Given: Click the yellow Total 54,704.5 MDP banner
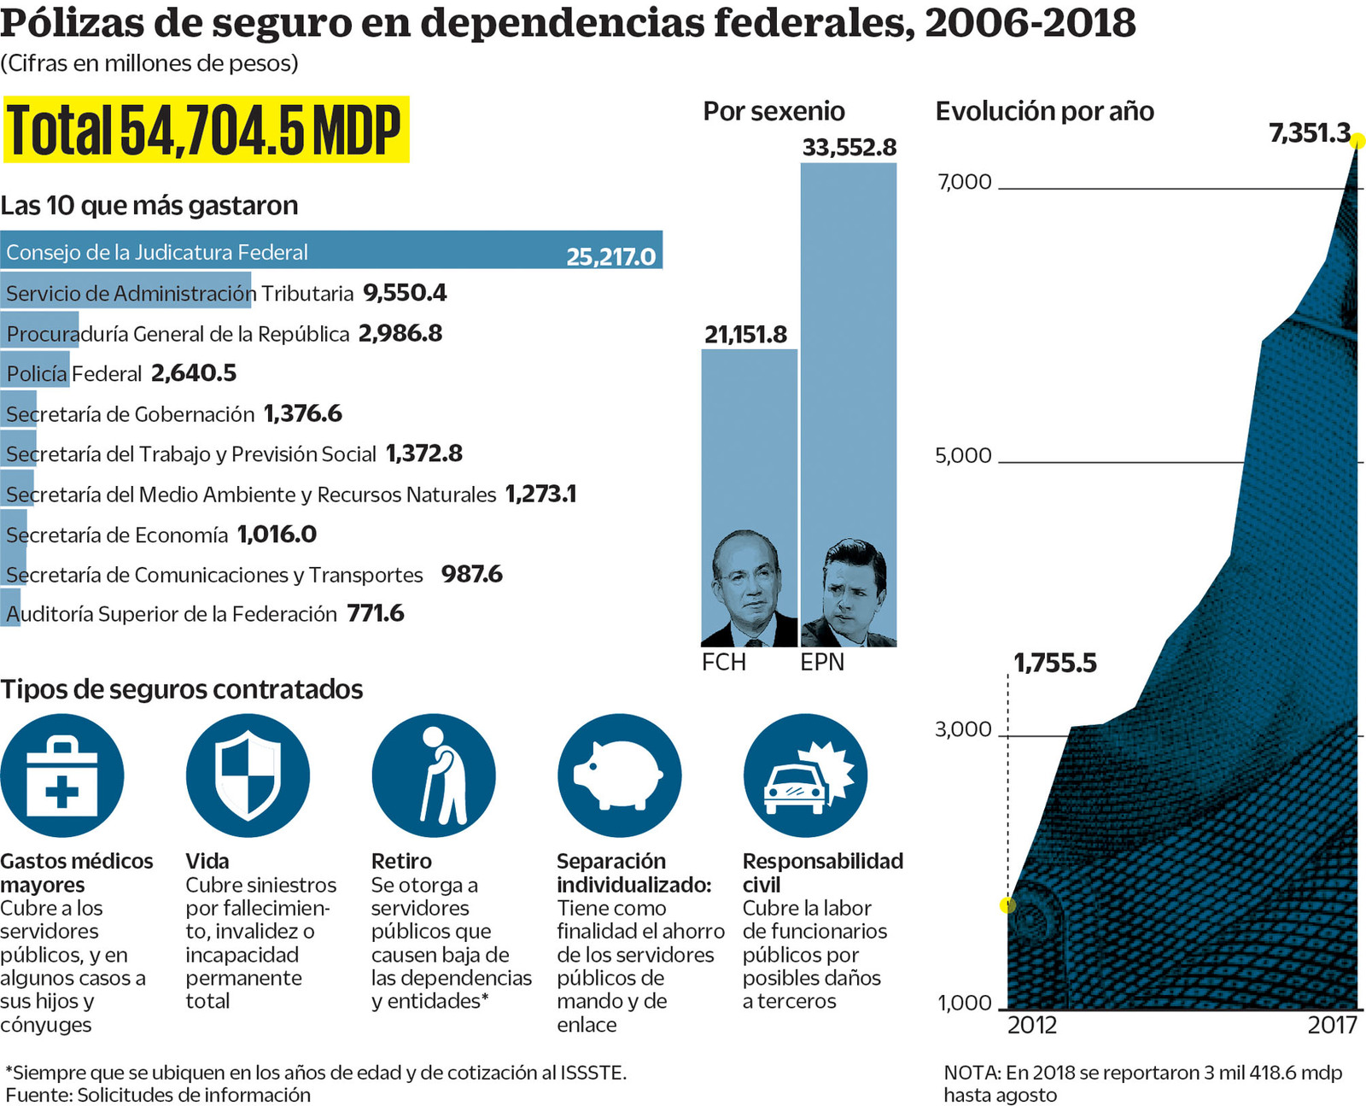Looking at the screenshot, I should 206,130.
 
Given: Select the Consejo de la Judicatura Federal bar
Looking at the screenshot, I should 331,250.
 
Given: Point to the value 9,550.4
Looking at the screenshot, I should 405,293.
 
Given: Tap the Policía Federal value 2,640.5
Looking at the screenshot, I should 194,373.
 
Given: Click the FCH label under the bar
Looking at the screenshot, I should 724,663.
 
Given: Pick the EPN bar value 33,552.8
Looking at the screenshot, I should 849,148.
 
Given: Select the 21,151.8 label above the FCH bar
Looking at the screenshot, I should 745,334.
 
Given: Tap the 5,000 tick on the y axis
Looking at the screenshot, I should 963,455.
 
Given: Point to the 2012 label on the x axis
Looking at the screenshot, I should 1031,1025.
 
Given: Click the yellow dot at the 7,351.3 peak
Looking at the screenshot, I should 1357,141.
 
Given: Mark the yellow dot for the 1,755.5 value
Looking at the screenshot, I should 1008,905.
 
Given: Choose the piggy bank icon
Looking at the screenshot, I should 619,775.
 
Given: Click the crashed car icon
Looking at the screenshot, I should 805,775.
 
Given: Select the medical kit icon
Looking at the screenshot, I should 62,775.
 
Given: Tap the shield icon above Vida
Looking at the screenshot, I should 248,775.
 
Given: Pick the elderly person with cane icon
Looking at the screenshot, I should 434,775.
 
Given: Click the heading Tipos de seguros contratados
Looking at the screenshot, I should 182,689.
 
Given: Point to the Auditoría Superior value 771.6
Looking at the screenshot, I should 375,613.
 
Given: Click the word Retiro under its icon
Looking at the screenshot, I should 401,861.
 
